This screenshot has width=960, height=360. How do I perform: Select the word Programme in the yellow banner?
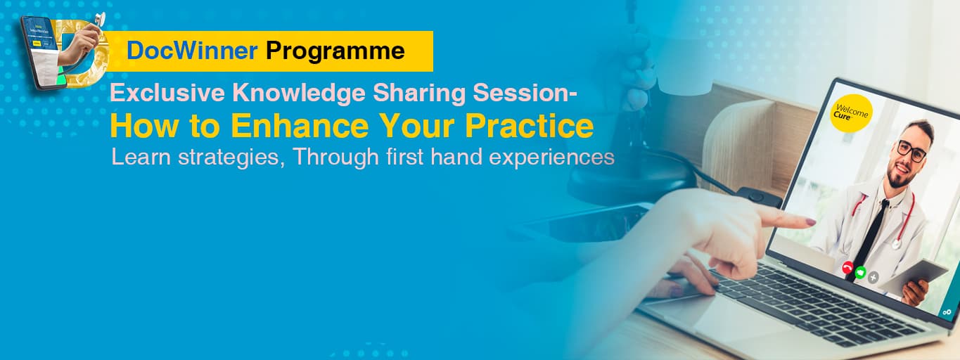tap(335, 51)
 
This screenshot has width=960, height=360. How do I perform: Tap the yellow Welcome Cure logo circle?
tap(851, 112)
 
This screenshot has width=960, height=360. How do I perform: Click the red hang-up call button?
tap(847, 267)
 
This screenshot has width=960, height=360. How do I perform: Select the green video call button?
tap(859, 271)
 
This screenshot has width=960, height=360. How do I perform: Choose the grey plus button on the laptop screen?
tap(873, 277)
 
